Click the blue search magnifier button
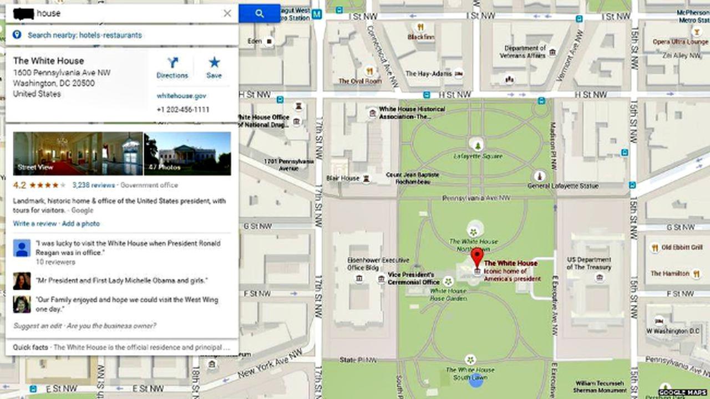259,13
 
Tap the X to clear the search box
227,13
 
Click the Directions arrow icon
173,63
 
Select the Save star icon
214,63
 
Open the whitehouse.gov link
181,96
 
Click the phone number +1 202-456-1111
183,110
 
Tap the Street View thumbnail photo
78,154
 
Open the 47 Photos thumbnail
187,154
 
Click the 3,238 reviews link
93,185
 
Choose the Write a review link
35,224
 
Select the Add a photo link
81,224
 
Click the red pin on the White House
477,258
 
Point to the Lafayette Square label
478,157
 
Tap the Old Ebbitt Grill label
682,247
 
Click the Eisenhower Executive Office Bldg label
371,264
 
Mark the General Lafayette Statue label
563,186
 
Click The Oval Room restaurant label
361,81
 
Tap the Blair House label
343,178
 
